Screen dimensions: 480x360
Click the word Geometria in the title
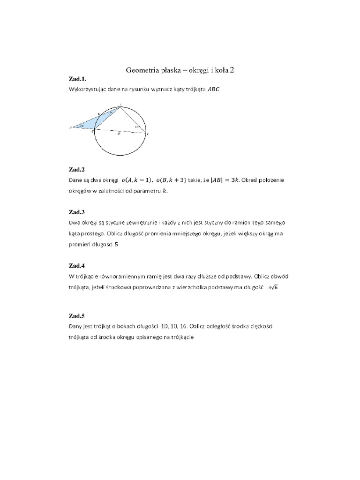click(142, 70)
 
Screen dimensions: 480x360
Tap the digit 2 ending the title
click(232, 70)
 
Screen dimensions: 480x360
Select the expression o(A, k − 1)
click(139, 180)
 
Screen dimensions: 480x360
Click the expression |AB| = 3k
click(225, 180)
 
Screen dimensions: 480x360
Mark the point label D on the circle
click(99, 114)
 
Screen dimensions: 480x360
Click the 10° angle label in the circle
click(137, 127)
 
